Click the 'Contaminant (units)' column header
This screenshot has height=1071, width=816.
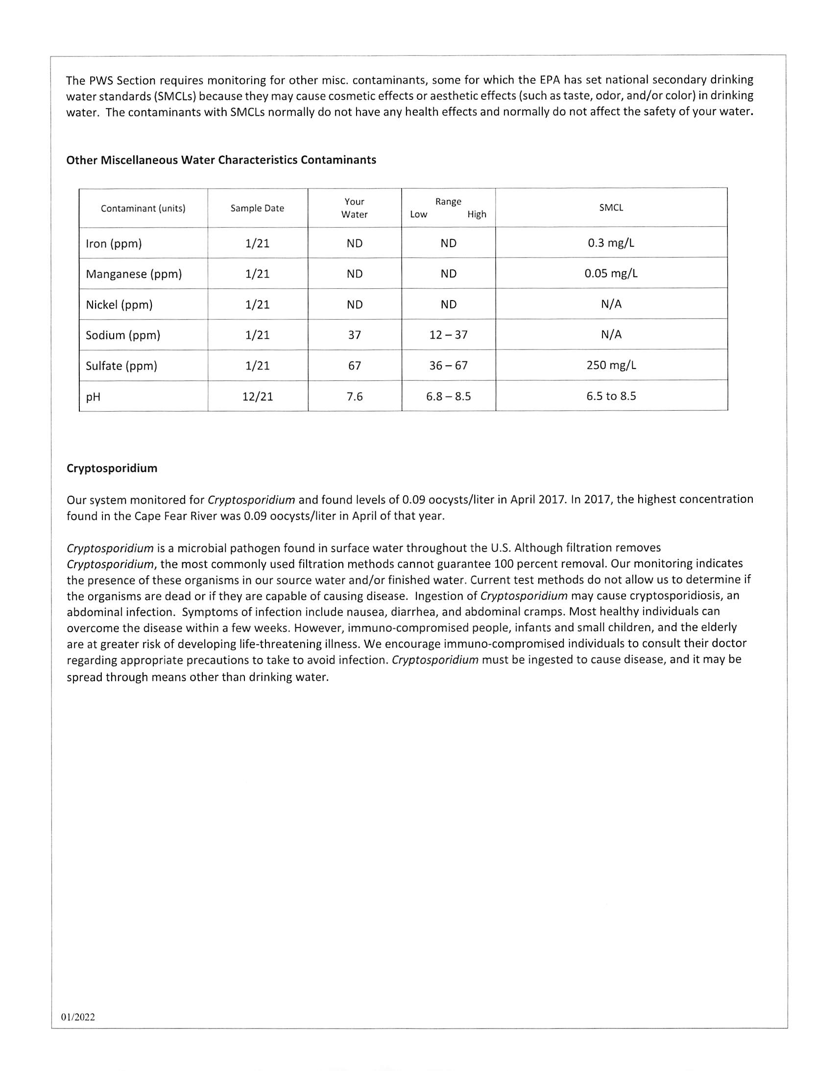143,209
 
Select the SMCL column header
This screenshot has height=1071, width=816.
611,208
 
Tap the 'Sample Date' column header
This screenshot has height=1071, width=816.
257,208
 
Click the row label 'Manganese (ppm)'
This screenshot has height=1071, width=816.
134,274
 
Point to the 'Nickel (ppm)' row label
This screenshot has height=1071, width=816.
119,305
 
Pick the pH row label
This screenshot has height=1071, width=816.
93,396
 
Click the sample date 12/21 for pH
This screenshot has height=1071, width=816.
258,396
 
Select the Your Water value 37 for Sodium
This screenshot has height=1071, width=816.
355,335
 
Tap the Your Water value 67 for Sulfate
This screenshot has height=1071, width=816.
355,366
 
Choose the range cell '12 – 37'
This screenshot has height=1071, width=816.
448,335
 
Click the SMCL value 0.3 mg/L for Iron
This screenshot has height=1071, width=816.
611,243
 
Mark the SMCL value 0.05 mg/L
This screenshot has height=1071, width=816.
611,274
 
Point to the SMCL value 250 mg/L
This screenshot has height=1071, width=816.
611,365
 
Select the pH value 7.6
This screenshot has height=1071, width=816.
355,396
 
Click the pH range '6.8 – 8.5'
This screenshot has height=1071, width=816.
448,396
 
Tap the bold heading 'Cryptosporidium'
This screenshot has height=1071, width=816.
112,468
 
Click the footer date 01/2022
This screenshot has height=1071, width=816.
78,1017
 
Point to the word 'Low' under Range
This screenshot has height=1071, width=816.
418,214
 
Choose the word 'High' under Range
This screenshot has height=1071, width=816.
477,214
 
